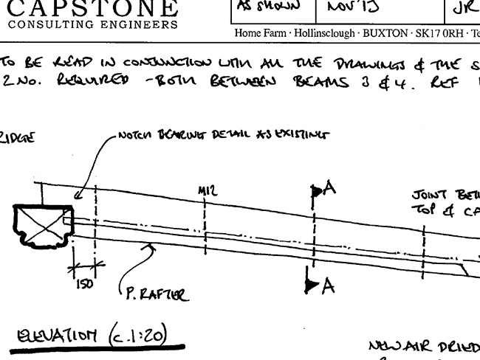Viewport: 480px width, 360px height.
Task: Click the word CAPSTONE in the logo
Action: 93,8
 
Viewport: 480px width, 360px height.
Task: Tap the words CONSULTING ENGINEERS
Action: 93,24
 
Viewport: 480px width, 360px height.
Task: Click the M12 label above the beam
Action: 207,191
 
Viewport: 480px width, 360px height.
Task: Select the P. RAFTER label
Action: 153,296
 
